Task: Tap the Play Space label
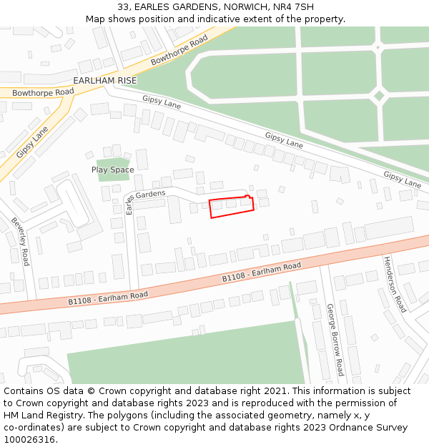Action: [x=112, y=170]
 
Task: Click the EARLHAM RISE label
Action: [x=104, y=81]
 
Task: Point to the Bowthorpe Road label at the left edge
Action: [x=43, y=92]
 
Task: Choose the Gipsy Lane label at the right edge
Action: [x=402, y=179]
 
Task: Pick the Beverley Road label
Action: [x=21, y=242]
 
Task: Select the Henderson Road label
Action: [x=394, y=283]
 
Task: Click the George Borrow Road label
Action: [x=335, y=339]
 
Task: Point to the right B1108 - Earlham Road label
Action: [x=261, y=272]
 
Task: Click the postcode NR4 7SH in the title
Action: [x=294, y=7]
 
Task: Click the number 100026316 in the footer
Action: [x=29, y=439]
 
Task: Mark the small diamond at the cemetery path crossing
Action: [x=379, y=95]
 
